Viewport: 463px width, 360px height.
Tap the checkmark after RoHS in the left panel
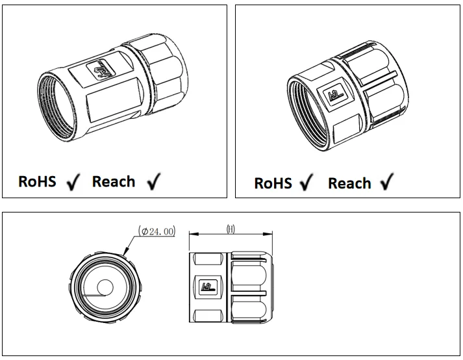[x=73, y=183]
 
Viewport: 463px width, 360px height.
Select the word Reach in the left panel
[x=114, y=181]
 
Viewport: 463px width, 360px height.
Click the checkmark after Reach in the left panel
[x=153, y=182]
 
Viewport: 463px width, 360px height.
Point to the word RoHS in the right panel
[x=273, y=183]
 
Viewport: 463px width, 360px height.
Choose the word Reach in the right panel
[x=349, y=183]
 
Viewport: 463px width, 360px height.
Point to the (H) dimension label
[x=230, y=229]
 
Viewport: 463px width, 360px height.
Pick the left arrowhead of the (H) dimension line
[x=190, y=235]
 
